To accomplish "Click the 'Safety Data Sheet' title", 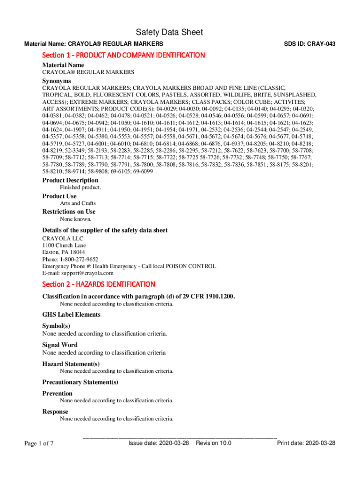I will [x=169, y=32].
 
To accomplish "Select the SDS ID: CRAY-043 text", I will [x=310, y=44].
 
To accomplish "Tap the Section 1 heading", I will [x=123, y=55].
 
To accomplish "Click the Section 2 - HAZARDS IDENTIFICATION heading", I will [x=99, y=284].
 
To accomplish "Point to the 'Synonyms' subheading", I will [x=57, y=81].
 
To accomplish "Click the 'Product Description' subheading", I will [x=70, y=180].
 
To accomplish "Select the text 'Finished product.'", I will [x=80, y=188].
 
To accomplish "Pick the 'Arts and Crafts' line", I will [x=78, y=203].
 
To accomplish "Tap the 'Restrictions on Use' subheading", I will [x=69, y=211].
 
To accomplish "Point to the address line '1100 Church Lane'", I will [x=64, y=245].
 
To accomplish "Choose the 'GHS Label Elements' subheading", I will [x=72, y=315].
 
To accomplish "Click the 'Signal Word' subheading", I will [x=60, y=345].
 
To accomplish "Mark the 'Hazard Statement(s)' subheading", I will [x=71, y=364].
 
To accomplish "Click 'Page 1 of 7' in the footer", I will [x=39, y=443].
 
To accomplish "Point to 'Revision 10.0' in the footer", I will [x=214, y=443].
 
